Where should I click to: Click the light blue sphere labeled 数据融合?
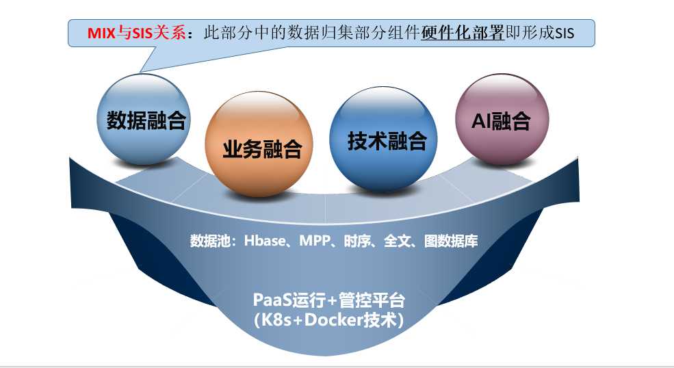point(144,120)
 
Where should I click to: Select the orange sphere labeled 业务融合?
point(259,144)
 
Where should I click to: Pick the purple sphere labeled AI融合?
point(502,119)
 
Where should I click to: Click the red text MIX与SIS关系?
point(136,33)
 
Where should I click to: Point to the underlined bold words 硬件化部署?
point(462,33)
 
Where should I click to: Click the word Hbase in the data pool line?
point(264,240)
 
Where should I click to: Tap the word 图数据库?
point(451,241)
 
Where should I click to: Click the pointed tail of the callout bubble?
point(140,71)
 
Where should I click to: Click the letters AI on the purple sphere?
point(482,121)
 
